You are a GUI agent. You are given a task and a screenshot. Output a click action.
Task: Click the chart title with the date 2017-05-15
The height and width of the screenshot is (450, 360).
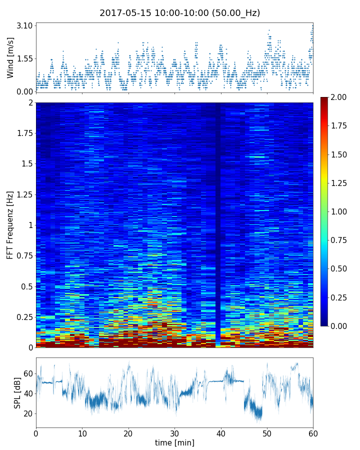click(180, 13)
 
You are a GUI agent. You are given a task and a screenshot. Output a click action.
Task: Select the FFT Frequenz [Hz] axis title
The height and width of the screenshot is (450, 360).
click(10, 224)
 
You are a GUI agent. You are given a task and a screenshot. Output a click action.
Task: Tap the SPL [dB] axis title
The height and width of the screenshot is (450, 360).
click(17, 392)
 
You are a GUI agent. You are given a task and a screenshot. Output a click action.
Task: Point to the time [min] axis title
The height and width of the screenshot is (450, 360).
click(174, 442)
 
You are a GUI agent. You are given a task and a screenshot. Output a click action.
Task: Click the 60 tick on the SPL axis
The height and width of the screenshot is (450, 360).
click(28, 373)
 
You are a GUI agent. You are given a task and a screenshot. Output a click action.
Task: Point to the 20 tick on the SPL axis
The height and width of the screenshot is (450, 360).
click(28, 413)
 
